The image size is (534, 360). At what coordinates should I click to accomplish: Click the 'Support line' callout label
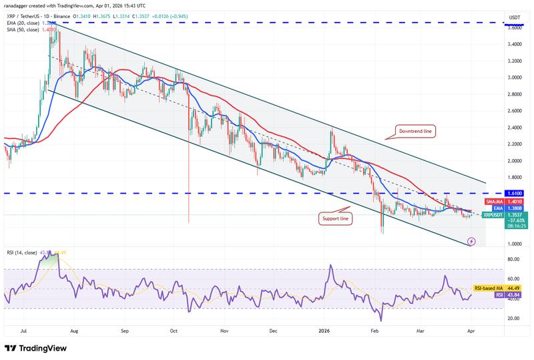click(x=334, y=218)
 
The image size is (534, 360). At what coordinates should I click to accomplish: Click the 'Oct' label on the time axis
click(x=173, y=330)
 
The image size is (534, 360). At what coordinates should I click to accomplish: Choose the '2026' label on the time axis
click(x=324, y=330)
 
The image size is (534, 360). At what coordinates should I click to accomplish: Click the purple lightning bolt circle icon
click(x=472, y=240)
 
